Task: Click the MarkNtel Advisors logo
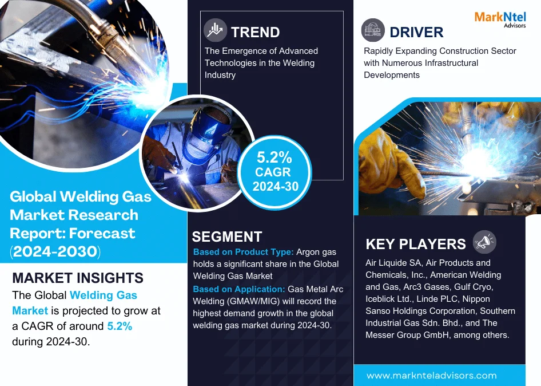pyautogui.click(x=500, y=19)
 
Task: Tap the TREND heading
pyautogui.click(x=255, y=32)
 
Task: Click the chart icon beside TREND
pyautogui.click(x=215, y=30)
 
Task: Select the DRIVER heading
pyautogui.click(x=416, y=32)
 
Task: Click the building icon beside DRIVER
pyautogui.click(x=373, y=30)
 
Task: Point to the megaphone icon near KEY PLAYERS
pyautogui.click(x=484, y=242)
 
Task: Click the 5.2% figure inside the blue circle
pyautogui.click(x=275, y=157)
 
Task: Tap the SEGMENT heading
pyautogui.click(x=227, y=237)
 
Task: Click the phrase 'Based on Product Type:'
pyautogui.click(x=243, y=252)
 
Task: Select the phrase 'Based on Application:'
pyautogui.click(x=239, y=289)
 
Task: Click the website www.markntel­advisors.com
pyautogui.click(x=432, y=376)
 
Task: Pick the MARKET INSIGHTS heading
pyautogui.click(x=78, y=278)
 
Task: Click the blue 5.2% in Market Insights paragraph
pyautogui.click(x=120, y=326)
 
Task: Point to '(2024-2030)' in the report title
pyautogui.click(x=55, y=251)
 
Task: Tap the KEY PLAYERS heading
pyautogui.click(x=416, y=244)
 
